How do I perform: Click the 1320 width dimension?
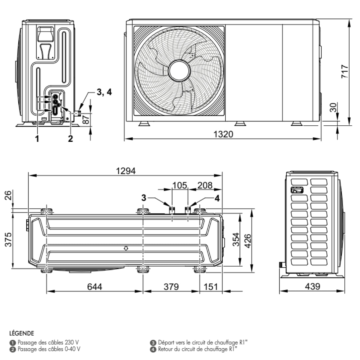[x=223, y=134]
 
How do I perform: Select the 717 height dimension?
[x=345, y=72]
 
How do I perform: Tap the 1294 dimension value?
[x=126, y=171]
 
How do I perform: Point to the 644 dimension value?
[x=95, y=287]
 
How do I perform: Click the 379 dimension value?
[x=171, y=287]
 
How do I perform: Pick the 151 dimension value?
[x=211, y=287]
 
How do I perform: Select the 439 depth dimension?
[x=312, y=286]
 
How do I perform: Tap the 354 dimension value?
[x=236, y=240]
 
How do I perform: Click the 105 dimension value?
[x=180, y=185]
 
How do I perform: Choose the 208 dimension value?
[x=205, y=185]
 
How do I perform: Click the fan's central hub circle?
[x=179, y=71]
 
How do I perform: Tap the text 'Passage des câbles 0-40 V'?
[x=49, y=349]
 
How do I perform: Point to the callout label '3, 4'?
[x=104, y=92]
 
